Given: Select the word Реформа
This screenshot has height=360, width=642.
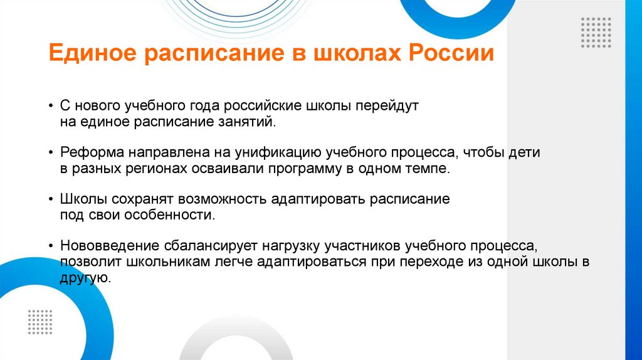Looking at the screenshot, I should coord(92,152).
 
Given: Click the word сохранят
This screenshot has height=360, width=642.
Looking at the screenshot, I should coord(144,199).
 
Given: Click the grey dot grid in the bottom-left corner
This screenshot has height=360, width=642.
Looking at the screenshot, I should coord(39,322).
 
